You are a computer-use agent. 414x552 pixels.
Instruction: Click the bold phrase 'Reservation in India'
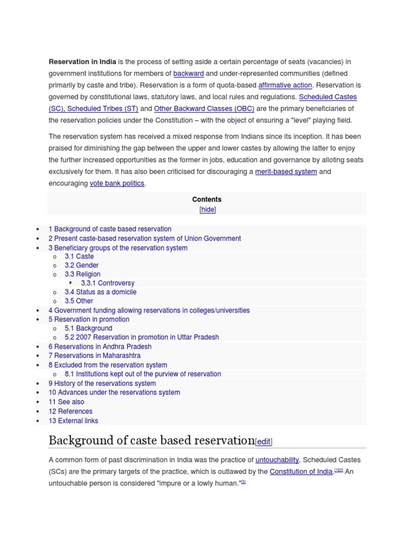(x=82, y=61)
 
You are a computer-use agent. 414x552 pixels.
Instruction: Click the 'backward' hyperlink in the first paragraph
(x=188, y=73)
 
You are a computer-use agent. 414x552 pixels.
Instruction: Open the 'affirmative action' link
(x=285, y=85)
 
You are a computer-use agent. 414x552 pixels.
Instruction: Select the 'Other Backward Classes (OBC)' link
(x=204, y=108)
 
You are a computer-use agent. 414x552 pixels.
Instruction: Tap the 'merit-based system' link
(x=286, y=171)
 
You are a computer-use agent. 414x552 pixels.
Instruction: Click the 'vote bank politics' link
(x=117, y=183)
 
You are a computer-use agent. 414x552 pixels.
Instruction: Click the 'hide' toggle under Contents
(x=208, y=210)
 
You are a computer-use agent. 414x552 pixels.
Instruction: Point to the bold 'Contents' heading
(x=207, y=199)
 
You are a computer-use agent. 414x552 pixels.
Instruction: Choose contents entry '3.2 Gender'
(x=81, y=265)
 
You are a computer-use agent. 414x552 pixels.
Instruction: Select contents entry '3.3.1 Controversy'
(x=107, y=283)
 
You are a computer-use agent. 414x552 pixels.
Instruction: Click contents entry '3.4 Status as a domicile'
(x=100, y=292)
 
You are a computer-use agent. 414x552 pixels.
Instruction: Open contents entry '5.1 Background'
(x=88, y=328)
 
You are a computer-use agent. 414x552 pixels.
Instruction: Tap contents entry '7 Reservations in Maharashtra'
(x=94, y=356)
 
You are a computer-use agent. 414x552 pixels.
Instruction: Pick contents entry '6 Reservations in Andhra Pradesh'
(x=100, y=347)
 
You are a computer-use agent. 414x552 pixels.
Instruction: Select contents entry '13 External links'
(x=73, y=421)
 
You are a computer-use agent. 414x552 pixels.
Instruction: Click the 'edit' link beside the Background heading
(x=264, y=442)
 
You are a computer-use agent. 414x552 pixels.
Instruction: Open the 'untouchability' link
(x=277, y=460)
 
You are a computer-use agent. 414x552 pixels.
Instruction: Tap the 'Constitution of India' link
(x=301, y=472)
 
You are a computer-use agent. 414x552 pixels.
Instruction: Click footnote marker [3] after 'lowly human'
(x=243, y=482)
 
